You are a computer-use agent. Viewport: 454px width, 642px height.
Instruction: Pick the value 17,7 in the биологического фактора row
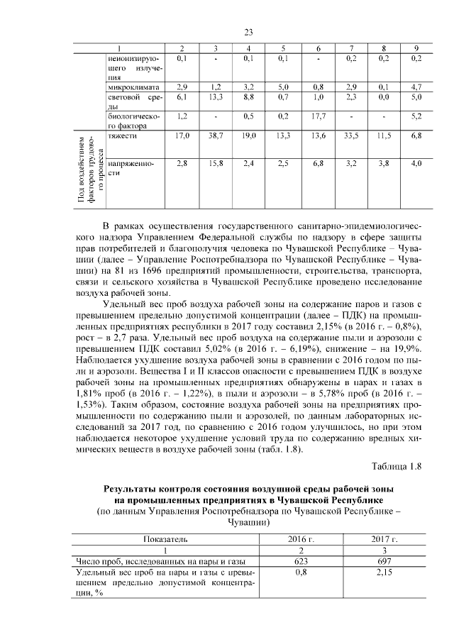click(x=318, y=115)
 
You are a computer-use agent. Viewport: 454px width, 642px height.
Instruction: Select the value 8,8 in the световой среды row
click(x=249, y=96)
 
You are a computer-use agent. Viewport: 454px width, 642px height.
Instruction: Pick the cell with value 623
click(x=300, y=561)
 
